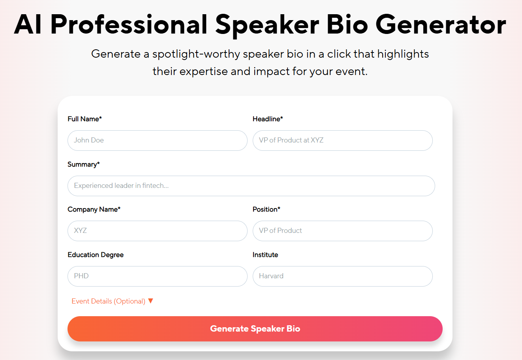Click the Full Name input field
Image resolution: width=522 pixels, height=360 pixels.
(157, 141)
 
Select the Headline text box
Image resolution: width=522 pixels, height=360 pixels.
(342, 141)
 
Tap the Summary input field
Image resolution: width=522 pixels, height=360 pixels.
(251, 186)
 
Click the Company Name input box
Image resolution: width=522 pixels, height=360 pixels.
(157, 231)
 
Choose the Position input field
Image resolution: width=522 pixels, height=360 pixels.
(342, 231)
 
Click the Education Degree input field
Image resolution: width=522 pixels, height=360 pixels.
(157, 276)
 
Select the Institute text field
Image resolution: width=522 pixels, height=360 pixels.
(342, 276)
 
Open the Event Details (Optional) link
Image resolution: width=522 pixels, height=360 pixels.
(108, 301)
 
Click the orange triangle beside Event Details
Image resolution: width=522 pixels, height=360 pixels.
(150, 301)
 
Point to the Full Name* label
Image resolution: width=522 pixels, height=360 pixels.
(84, 119)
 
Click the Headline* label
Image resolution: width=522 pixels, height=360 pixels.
(268, 119)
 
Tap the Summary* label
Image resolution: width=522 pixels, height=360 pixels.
(83, 164)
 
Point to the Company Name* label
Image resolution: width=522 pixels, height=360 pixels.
(94, 209)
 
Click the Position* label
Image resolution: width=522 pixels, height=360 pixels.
(266, 209)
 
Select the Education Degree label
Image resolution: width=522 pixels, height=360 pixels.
(96, 255)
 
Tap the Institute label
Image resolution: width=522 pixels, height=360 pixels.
(265, 255)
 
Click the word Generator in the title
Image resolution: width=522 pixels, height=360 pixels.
(441, 24)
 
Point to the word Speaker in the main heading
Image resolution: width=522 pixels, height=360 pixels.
(267, 24)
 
